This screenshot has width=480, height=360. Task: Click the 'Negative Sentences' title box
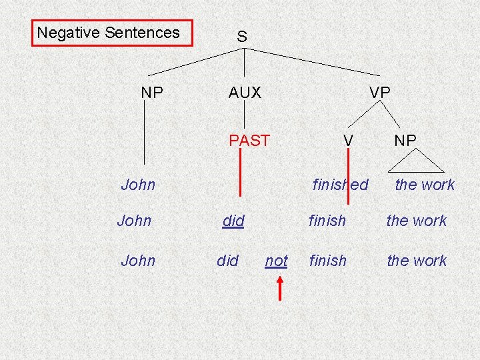coord(112,33)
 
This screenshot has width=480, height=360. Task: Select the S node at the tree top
coord(242,37)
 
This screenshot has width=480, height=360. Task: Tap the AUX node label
coord(245,93)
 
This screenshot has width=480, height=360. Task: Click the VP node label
coord(380,93)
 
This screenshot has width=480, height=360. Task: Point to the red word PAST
coord(249,141)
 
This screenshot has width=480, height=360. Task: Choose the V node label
coord(347,141)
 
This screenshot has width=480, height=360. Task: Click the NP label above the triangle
coord(405,141)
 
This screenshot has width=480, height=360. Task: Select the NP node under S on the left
coord(152,93)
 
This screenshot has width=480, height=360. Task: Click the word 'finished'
coord(340,185)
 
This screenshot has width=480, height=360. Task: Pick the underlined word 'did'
coord(233,221)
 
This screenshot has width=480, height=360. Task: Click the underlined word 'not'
coord(276,261)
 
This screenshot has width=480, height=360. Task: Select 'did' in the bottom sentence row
coord(228,261)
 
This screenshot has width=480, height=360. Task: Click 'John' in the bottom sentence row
coord(138,261)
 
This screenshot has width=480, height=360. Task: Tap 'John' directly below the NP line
coord(138,185)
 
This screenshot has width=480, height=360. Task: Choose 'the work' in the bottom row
coord(417,261)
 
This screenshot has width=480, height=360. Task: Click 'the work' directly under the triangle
coord(425,185)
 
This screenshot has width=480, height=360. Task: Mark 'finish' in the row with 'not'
coord(327,261)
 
